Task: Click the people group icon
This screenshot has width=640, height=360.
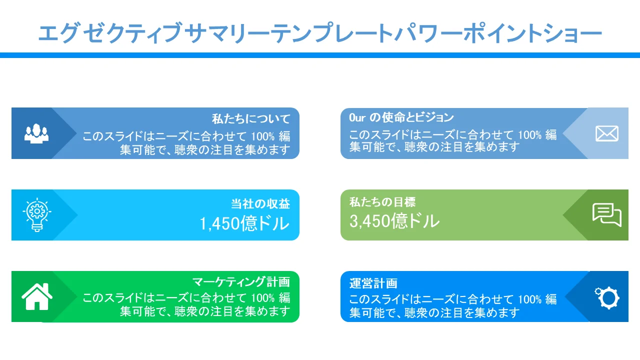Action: (x=36, y=133)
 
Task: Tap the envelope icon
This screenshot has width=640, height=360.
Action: (x=607, y=133)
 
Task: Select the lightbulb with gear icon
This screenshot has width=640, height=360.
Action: (x=37, y=214)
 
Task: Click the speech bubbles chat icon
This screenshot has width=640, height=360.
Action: (x=607, y=215)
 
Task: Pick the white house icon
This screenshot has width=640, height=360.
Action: (x=37, y=296)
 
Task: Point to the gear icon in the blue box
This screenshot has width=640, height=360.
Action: (x=607, y=297)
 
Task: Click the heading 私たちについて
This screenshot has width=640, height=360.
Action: (x=251, y=119)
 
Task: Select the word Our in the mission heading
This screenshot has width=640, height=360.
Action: (x=357, y=117)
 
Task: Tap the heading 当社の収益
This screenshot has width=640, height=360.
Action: (x=260, y=203)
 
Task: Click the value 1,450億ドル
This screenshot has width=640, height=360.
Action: (x=244, y=223)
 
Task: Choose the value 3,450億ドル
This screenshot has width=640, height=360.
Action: (x=394, y=221)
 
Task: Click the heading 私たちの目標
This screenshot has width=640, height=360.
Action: (x=382, y=202)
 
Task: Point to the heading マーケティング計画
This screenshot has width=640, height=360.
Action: (x=241, y=282)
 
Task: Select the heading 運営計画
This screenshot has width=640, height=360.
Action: (x=373, y=283)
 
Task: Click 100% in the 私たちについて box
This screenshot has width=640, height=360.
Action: (x=263, y=136)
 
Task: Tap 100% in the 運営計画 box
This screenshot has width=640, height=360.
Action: (x=529, y=299)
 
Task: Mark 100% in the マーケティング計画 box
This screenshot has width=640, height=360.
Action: (x=263, y=298)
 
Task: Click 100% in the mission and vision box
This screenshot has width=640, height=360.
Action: (x=529, y=135)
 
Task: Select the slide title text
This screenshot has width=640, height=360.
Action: (x=320, y=33)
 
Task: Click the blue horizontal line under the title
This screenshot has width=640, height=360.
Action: (x=320, y=55)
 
